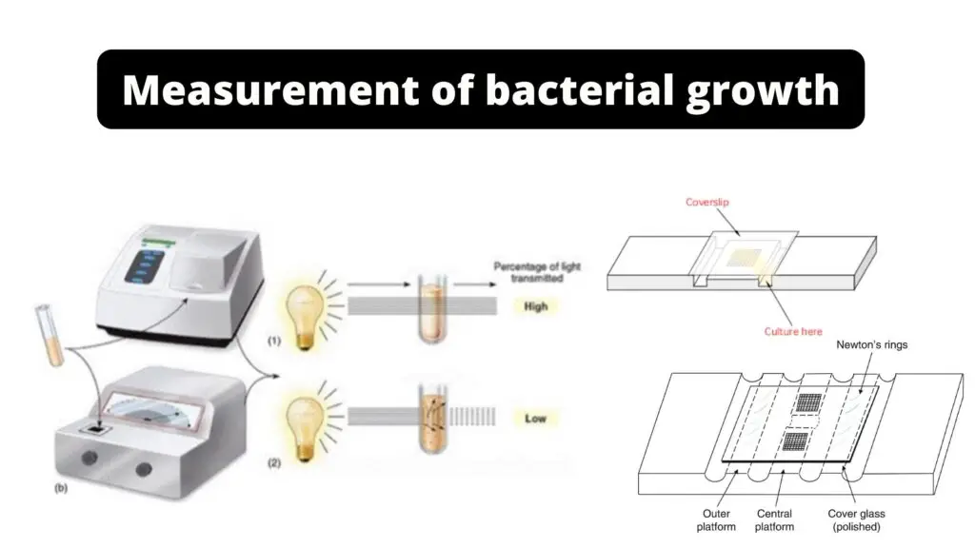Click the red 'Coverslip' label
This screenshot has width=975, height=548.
click(707, 202)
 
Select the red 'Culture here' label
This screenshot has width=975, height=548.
click(793, 332)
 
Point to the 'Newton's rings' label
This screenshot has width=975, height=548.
click(871, 344)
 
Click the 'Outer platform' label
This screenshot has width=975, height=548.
click(716, 520)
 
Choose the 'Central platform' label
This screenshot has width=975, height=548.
click(774, 520)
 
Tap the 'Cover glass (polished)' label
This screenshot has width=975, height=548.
click(856, 520)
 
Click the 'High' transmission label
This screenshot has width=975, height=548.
click(535, 306)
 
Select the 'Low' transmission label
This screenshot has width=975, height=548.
click(535, 419)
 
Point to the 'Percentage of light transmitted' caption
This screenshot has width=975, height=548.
click(537, 272)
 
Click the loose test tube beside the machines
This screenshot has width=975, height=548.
click(50, 334)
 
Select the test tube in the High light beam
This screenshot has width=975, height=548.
click(432, 309)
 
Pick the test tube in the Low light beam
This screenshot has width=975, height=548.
click(433, 419)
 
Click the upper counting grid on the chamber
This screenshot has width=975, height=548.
click(808, 403)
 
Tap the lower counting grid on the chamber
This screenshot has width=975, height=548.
click(795, 441)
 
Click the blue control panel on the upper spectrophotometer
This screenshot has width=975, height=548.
click(144, 266)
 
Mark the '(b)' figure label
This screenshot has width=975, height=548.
click(61, 488)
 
